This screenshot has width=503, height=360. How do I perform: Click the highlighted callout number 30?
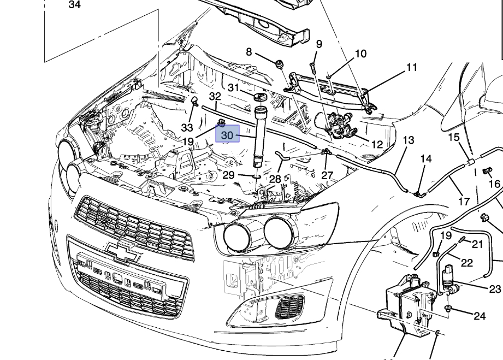pyautogui.click(x=227, y=135)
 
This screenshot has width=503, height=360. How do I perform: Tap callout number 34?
pyautogui.click(x=75, y=4)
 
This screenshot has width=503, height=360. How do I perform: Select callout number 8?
pyautogui.click(x=249, y=52)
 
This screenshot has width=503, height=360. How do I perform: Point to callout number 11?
pyautogui.click(x=412, y=68)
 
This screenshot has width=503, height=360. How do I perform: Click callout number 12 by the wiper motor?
pyautogui.click(x=377, y=145)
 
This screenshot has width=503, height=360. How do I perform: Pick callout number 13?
pyautogui.click(x=408, y=140)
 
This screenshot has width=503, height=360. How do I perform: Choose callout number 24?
pyautogui.click(x=480, y=316)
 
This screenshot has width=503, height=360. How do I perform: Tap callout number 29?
pyautogui.click(x=229, y=175)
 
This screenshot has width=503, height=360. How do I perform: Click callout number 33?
pyautogui.click(x=187, y=128)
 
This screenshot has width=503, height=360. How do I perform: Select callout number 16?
pyautogui.click(x=495, y=184)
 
